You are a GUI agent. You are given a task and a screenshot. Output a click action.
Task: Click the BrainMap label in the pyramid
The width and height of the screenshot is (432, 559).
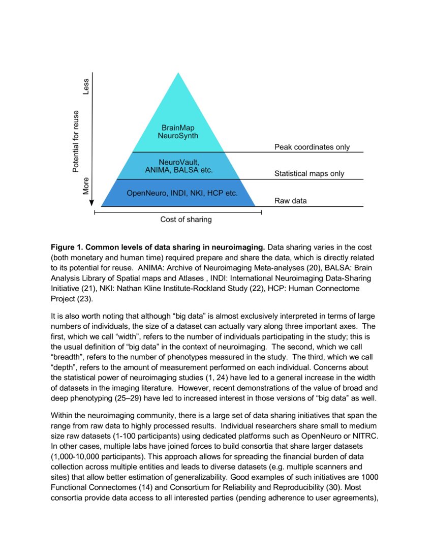[x=178, y=128]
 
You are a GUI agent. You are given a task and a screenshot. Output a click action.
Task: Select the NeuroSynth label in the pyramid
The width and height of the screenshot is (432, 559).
[x=178, y=136]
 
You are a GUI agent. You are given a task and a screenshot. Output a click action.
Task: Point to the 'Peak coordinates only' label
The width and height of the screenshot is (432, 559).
[x=312, y=147]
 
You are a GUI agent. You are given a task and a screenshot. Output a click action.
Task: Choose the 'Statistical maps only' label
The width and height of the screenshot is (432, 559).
[x=309, y=174]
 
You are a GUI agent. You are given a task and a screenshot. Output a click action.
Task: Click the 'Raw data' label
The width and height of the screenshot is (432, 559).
[x=291, y=201]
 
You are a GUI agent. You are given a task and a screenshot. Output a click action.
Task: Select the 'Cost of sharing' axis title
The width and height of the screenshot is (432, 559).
[x=186, y=220]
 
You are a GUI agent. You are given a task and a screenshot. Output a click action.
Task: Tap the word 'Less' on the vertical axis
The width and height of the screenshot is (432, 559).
[x=86, y=86]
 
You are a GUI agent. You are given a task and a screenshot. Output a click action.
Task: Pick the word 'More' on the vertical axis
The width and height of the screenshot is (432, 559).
[x=86, y=186]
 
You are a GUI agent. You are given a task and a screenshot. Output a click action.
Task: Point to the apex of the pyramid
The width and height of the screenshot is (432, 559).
[x=178, y=74]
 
